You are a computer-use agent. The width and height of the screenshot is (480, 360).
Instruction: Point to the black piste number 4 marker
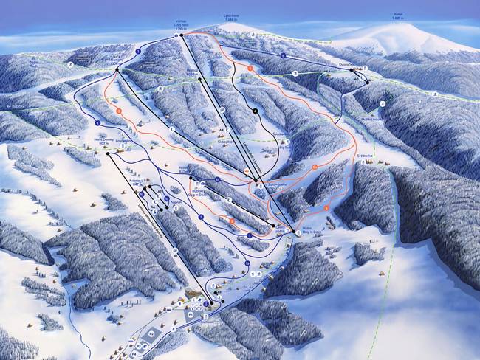click(255, 111)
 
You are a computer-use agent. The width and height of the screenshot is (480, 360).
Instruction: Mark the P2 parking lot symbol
click(151, 333)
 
